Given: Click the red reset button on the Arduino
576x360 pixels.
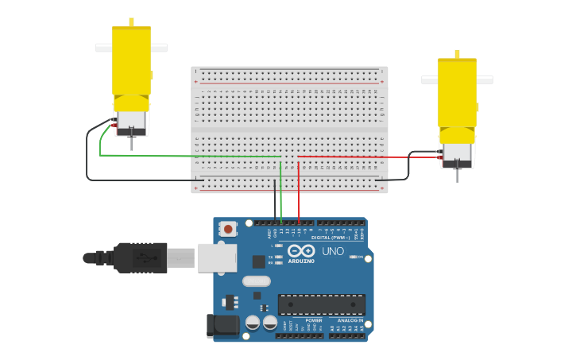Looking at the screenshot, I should (x=228, y=229).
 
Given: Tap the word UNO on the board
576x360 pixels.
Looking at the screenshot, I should (x=333, y=252).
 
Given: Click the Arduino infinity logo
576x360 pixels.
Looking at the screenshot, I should (x=301, y=251).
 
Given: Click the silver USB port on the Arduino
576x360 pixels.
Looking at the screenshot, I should (x=217, y=257).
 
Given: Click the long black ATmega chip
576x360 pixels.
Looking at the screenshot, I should (x=321, y=304).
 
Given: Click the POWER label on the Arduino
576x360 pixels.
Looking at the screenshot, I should (x=303, y=320).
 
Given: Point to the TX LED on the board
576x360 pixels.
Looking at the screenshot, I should (x=279, y=257).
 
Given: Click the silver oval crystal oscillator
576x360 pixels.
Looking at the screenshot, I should (x=256, y=281).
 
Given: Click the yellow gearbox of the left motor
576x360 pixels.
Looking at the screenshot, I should (x=131, y=64).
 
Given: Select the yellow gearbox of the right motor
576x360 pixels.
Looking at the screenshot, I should (x=457, y=94).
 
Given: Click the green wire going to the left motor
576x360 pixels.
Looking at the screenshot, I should (x=191, y=156).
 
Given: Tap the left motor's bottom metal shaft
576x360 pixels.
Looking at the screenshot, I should (x=131, y=144).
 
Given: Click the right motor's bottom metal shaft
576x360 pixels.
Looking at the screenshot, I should (x=457, y=175).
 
